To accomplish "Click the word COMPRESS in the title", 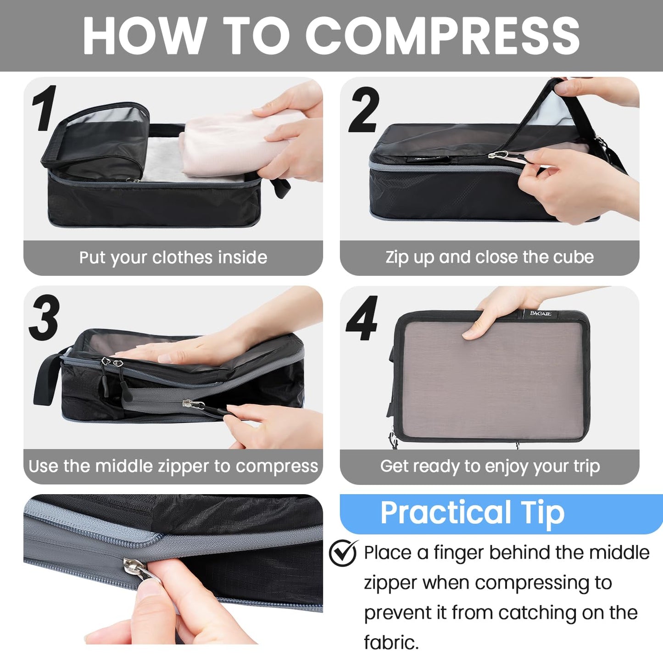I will (x=442, y=36).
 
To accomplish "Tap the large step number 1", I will (x=45, y=108).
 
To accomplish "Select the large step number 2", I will (x=364, y=110).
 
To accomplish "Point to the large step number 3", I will (x=45, y=318).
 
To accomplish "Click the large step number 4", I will (x=362, y=318).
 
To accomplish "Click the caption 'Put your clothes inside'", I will (x=173, y=257).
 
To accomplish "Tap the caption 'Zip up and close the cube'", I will (x=489, y=257).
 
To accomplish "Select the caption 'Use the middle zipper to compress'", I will (x=173, y=466).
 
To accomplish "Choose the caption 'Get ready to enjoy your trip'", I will (x=490, y=466).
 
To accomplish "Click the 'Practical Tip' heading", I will (x=472, y=513).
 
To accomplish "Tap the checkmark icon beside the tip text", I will (x=343, y=553).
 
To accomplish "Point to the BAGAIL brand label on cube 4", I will (x=540, y=313).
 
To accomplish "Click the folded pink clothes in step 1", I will (x=229, y=147).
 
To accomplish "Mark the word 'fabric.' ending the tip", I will (x=391, y=642).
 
